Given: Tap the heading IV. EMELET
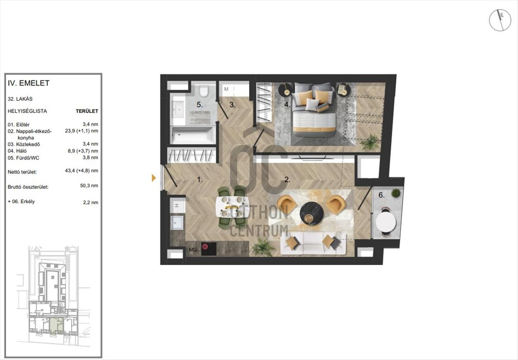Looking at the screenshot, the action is coord(28,83).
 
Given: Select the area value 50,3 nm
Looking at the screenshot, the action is coord(89,186).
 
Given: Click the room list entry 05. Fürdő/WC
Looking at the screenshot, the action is coord(23,158).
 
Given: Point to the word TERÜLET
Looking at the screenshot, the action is coord(87,111).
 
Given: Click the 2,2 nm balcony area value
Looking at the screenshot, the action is coord(91,202).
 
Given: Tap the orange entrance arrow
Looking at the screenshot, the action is coord(154,178).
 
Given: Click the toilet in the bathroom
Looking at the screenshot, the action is coord(203,91).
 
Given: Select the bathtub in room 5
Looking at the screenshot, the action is coord(193,135).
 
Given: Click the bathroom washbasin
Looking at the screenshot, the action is coord(178,109).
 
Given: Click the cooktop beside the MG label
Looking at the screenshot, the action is coord(209,249).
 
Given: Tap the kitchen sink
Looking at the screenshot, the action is coord(177,223).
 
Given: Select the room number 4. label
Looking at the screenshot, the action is coord(287,105).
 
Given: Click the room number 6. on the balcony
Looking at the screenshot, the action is coord(381,195).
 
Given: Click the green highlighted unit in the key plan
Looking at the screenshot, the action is coord(57,326).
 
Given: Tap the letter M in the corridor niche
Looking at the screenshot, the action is coord(226,89).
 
